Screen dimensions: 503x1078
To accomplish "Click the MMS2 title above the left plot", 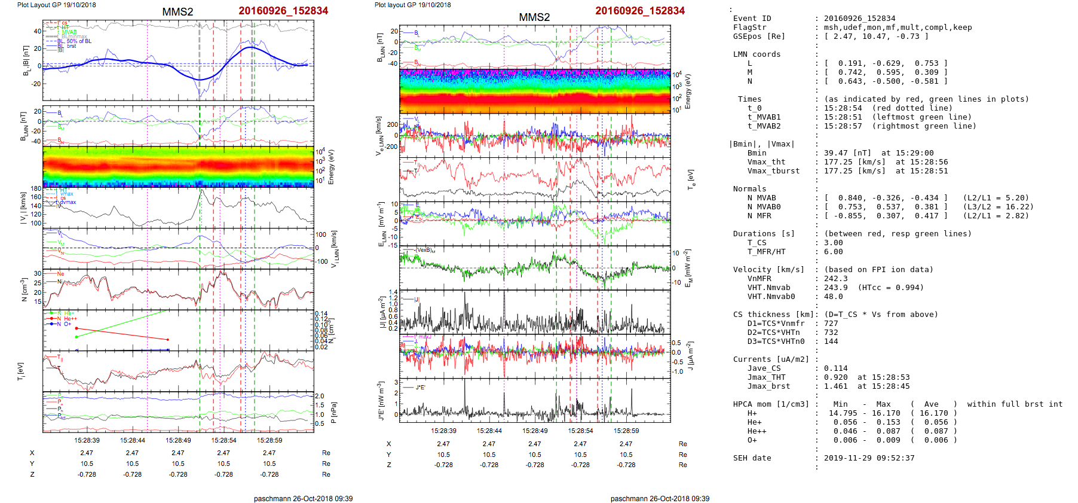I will pyautogui.click(x=177, y=11).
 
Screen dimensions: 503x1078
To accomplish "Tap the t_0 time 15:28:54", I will pyautogui.click(x=843, y=108).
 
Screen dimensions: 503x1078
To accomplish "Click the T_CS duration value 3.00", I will pyautogui.click(x=833, y=243).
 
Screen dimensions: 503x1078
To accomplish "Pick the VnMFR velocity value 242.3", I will pyautogui.click(x=835, y=279).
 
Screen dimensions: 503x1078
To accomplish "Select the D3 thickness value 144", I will pyautogui.click(x=831, y=342).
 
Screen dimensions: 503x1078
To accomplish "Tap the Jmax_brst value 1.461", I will pyautogui.click(x=835, y=386).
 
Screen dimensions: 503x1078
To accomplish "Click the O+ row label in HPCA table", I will pyautogui.click(x=752, y=440).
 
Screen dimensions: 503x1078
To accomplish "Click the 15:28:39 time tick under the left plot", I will pyautogui.click(x=87, y=440).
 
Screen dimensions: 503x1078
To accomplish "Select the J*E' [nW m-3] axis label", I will pyautogui.click(x=380, y=401).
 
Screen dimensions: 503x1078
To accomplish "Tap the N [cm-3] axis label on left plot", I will pyautogui.click(x=24, y=289).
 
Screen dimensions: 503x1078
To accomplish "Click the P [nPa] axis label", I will pyautogui.click(x=333, y=413).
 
